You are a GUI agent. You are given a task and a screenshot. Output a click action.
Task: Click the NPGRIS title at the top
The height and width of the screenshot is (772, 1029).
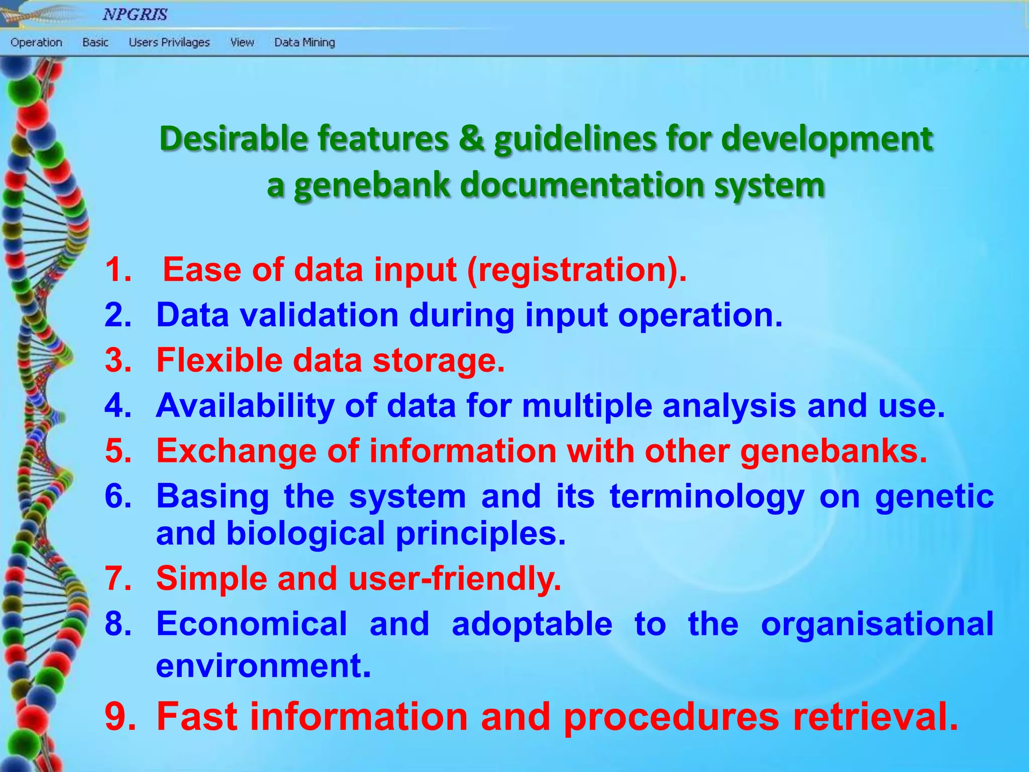point(135,14)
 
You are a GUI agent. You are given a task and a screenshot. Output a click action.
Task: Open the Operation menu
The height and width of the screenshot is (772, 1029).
point(36,43)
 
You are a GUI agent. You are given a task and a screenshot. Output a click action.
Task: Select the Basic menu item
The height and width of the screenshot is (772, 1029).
point(95,43)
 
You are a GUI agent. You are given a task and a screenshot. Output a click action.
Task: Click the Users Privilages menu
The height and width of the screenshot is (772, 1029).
point(169,43)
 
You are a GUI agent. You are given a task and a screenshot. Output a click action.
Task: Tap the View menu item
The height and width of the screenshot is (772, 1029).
point(242,43)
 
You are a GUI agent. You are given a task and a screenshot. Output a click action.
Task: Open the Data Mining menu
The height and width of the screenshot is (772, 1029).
point(304,43)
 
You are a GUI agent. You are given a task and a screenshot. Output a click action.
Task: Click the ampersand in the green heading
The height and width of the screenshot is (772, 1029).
point(471,139)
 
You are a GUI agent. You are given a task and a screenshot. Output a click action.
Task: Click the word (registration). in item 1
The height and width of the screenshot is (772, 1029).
point(576,270)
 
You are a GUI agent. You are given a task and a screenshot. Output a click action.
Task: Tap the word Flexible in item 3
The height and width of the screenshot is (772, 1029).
point(219,361)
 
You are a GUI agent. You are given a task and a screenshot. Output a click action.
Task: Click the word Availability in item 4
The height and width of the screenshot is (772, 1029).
point(245,406)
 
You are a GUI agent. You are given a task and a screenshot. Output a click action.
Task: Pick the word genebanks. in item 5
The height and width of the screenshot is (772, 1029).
point(834,451)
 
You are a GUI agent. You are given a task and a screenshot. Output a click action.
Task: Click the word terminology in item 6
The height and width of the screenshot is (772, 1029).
point(707,497)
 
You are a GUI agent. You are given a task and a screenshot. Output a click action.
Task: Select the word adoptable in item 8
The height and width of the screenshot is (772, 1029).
point(532,624)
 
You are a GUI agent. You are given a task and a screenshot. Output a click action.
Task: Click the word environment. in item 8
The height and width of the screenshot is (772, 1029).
point(263,666)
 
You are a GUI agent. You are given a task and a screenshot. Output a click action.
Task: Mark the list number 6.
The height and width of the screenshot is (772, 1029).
point(119,497)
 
